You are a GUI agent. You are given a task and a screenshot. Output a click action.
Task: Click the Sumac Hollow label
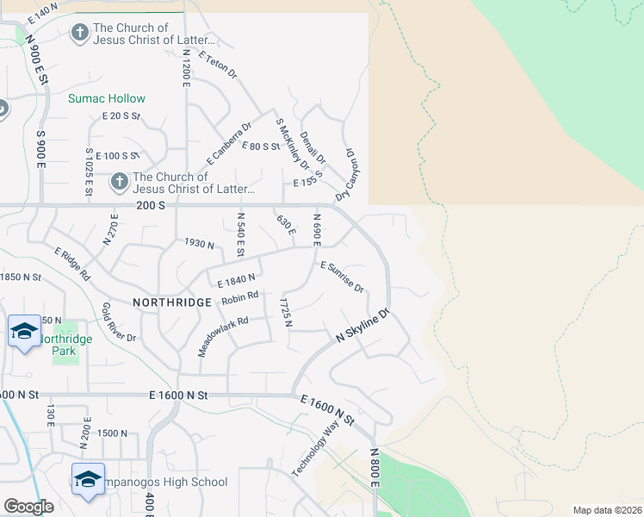107,99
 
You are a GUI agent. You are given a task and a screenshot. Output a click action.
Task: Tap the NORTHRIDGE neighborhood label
172,302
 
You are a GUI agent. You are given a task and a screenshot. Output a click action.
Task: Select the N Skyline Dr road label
363,327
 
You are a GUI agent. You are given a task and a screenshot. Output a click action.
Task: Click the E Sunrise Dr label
342,277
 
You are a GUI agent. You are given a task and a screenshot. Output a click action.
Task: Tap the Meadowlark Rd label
222,335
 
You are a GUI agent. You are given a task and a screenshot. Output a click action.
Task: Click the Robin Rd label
239,299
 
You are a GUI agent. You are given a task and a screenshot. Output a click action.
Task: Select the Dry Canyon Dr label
352,171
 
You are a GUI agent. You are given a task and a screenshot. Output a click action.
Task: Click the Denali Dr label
313,146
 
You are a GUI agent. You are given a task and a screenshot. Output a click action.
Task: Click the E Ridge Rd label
72,265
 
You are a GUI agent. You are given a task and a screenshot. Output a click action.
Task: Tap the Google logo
28,507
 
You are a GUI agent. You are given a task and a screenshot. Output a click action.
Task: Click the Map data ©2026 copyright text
606,510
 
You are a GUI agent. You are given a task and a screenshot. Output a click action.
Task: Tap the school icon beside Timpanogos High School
87,479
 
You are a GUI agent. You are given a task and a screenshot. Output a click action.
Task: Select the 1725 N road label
285,313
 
